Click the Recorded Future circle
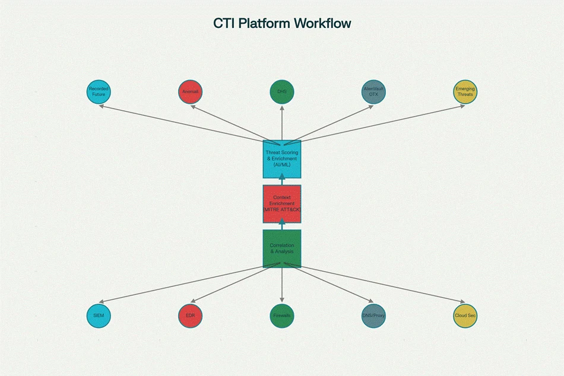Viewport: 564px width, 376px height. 99,92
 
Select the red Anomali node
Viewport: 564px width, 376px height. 191,92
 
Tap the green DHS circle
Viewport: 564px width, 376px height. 282,92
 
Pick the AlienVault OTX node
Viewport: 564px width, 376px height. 374,92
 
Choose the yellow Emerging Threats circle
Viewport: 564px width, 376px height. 465,92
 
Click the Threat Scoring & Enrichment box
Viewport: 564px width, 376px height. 282,159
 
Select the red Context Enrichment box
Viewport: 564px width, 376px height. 282,203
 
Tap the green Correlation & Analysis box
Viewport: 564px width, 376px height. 282,248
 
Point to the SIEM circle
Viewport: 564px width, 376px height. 99,316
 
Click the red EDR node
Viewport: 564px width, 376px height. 191,316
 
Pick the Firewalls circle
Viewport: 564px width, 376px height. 282,316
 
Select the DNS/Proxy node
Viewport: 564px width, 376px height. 374,316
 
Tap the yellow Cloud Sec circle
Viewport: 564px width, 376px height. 465,316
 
